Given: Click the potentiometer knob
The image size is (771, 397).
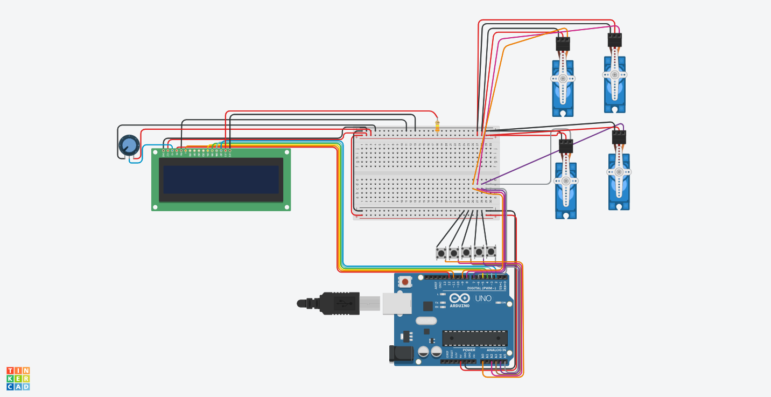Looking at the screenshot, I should [x=129, y=145].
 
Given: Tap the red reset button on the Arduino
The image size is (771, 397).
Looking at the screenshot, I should [x=405, y=282].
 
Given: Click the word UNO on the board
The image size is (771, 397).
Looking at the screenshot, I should [x=483, y=298].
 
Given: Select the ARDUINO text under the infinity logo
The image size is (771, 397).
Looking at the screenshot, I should [x=459, y=306].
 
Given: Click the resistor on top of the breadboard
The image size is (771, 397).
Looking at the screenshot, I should [x=437, y=127].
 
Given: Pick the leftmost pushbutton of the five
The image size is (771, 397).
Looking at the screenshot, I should [x=441, y=252].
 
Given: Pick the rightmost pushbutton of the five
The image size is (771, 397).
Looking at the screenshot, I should [x=491, y=251].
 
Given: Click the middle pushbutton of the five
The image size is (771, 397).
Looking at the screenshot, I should [x=466, y=252].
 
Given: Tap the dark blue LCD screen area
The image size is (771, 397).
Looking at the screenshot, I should [x=221, y=179].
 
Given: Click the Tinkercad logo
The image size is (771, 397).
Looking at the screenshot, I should [x=18, y=379].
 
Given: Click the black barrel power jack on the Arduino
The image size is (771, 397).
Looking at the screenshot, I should [x=401, y=354].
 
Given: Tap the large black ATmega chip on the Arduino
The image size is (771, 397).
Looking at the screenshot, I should [x=474, y=338].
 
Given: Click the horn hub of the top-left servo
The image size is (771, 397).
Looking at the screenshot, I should [x=563, y=79].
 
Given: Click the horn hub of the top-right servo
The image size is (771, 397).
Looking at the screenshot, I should [x=614, y=75].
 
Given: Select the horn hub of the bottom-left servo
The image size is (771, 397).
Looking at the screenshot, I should [x=566, y=181].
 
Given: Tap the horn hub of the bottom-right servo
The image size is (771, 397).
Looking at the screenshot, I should [x=619, y=172].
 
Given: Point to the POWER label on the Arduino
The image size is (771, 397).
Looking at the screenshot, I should [x=468, y=350].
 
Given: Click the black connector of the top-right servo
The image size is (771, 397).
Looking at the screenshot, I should [x=614, y=40].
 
